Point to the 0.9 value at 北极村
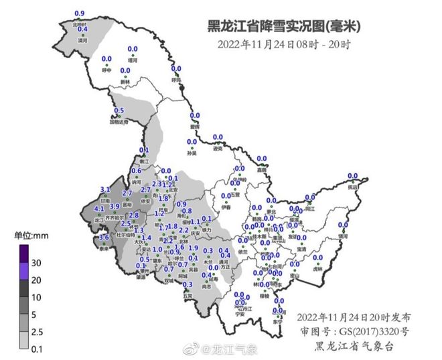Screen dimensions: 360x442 80,13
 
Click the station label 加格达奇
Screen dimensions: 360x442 119,122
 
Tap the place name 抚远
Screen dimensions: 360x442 353,188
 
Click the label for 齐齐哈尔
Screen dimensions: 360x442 123,218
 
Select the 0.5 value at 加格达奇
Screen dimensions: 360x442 119,110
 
